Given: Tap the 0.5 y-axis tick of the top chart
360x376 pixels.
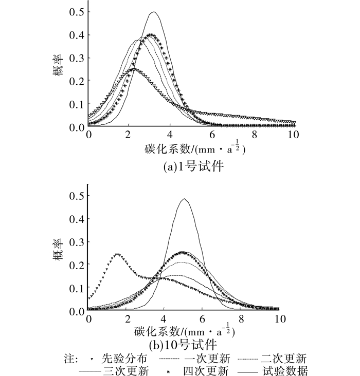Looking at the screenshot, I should [77, 11].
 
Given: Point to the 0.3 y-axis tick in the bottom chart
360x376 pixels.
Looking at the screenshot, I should [77, 241].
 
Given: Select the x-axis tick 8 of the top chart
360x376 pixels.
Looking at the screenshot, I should [254, 135].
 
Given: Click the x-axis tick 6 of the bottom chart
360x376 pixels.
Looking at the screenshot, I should [203, 319].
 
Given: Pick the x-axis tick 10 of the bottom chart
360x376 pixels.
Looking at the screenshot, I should [278, 319].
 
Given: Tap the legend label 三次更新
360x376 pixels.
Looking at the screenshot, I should [130, 369].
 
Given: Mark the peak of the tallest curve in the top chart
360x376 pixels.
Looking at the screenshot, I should [153, 12].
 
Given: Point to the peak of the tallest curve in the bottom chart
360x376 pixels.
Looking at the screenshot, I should [184, 199].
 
